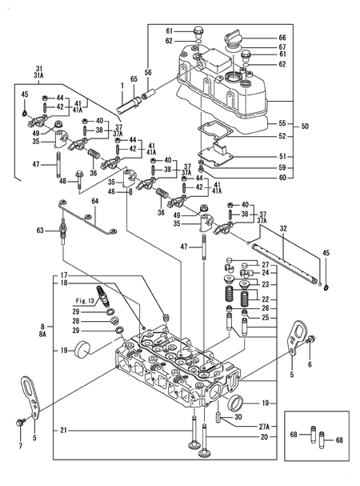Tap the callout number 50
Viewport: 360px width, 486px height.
tap(305, 127)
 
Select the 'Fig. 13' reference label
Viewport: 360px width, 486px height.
tap(85, 301)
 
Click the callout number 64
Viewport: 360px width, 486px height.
tap(95, 201)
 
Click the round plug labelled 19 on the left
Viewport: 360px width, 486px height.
tap(82, 347)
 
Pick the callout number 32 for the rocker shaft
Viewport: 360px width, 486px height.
tap(283, 229)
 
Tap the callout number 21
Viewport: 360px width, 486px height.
tap(63, 431)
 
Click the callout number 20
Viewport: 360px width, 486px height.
tap(264, 436)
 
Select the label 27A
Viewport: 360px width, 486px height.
tap(264, 427)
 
